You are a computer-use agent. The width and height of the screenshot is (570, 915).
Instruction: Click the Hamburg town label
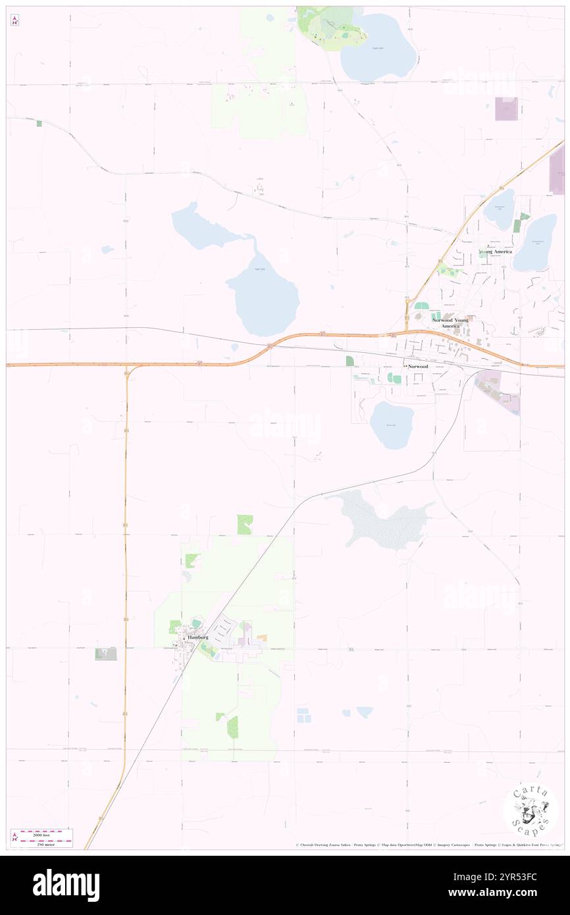[197, 638]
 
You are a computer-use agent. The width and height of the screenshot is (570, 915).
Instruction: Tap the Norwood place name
[419, 365]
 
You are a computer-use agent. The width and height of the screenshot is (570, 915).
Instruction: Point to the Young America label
[495, 251]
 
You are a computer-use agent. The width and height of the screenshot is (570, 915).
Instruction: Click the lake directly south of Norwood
[392, 425]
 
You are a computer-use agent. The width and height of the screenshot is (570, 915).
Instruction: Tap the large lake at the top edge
[378, 44]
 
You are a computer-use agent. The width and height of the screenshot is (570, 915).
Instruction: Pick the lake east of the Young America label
[535, 242]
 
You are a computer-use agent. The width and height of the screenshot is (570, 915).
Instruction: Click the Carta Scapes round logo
[531, 809]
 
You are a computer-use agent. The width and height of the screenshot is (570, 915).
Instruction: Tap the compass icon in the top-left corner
[14, 21]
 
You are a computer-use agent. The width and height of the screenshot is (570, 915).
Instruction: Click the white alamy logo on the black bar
[66, 885]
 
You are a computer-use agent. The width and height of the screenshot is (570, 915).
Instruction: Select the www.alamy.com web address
[508, 893]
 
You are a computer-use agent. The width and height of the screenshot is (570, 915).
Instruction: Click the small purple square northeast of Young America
[506, 109]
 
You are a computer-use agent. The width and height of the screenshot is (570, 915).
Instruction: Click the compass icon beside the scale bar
[14, 837]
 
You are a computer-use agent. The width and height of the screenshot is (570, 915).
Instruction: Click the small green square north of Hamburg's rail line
[245, 525]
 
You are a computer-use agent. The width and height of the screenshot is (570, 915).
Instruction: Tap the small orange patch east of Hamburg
[262, 638]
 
